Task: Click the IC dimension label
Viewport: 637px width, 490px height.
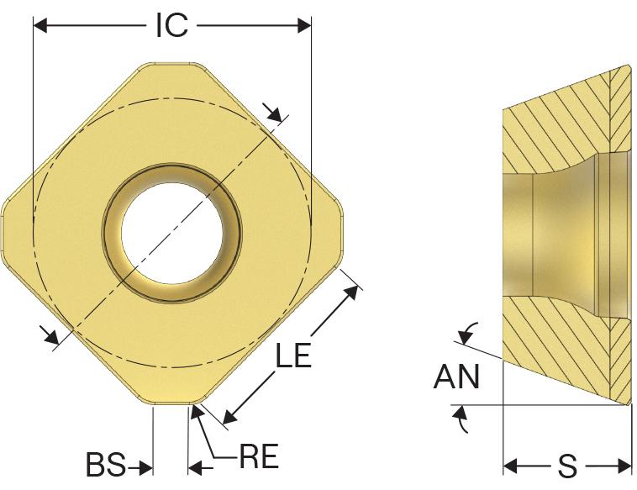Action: click(x=172, y=25)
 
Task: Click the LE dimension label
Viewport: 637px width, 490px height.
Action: click(x=293, y=355)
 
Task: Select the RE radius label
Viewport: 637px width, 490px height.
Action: click(x=259, y=456)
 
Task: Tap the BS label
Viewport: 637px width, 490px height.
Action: click(x=106, y=465)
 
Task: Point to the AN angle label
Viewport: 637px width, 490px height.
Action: click(x=456, y=377)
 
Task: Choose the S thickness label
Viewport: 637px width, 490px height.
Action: click(x=567, y=466)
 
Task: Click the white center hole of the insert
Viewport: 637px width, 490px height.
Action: click(x=171, y=234)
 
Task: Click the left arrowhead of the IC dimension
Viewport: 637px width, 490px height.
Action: click(x=40, y=25)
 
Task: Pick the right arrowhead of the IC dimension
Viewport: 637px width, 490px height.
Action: click(x=304, y=25)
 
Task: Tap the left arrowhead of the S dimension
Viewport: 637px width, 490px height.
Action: click(x=510, y=466)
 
